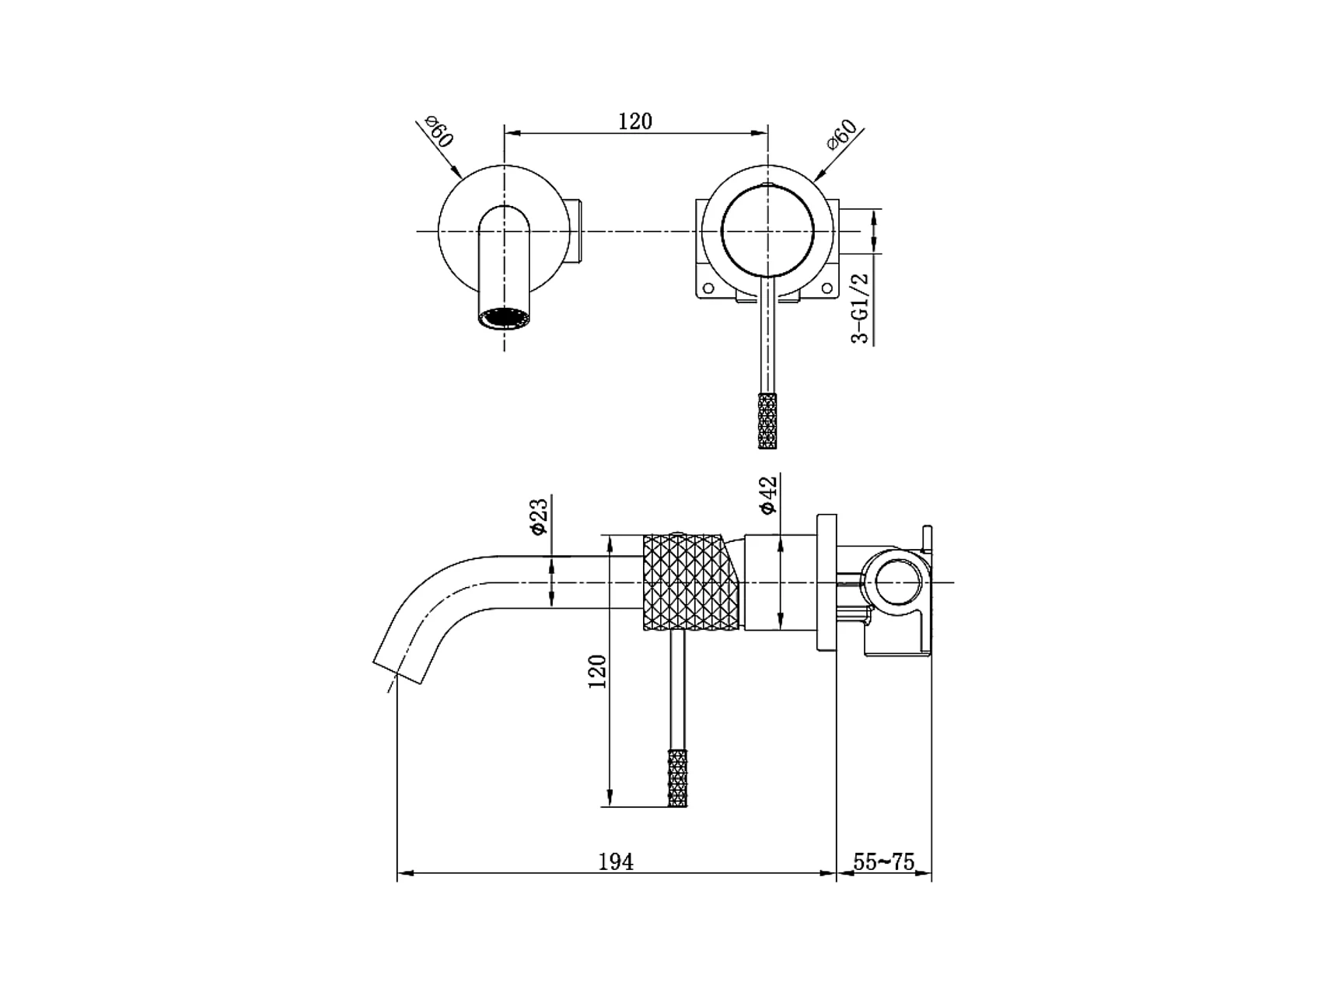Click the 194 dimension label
(616, 861)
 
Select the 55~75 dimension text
(884, 861)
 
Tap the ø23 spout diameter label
(539, 516)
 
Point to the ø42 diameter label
(768, 495)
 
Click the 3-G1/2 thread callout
(861, 308)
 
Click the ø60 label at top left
(439, 134)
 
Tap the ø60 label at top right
(841, 134)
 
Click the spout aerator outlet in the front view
(505, 318)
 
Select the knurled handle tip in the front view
(767, 421)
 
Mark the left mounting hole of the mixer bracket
(708, 288)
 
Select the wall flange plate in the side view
(826, 582)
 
